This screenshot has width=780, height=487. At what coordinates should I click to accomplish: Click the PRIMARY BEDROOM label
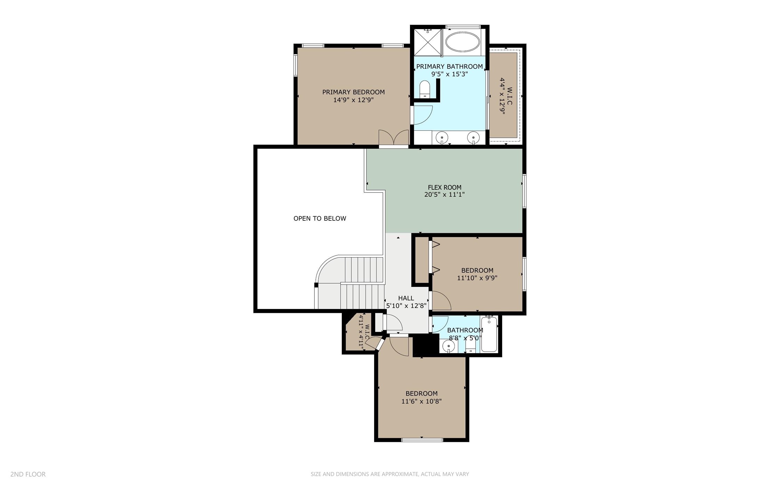[353, 92]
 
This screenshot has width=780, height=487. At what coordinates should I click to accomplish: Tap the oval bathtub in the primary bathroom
[463, 42]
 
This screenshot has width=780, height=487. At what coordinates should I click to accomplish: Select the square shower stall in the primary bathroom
[427, 42]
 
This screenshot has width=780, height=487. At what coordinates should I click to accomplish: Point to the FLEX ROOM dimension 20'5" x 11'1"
[444, 195]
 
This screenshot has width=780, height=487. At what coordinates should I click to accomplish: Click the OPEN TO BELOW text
[320, 218]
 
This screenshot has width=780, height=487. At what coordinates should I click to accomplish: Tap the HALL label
[406, 298]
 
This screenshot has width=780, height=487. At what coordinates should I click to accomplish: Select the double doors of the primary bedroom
[394, 138]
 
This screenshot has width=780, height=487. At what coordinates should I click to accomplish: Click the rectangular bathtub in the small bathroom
[489, 334]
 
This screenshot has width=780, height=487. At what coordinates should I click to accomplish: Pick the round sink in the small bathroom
[449, 346]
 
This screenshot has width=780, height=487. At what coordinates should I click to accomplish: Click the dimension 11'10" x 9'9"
[477, 278]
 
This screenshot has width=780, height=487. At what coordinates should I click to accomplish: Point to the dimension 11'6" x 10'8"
[421, 401]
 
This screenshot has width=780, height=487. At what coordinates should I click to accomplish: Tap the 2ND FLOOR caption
[28, 474]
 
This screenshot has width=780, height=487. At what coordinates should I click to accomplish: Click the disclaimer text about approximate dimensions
[389, 474]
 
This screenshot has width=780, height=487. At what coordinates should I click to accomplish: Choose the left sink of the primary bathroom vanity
[442, 138]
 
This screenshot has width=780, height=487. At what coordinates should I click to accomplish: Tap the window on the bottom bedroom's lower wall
[422, 440]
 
